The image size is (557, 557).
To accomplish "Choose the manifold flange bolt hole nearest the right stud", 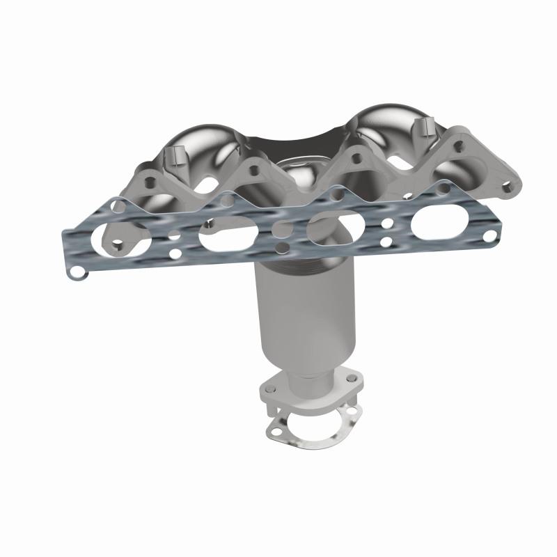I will point(459,146).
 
